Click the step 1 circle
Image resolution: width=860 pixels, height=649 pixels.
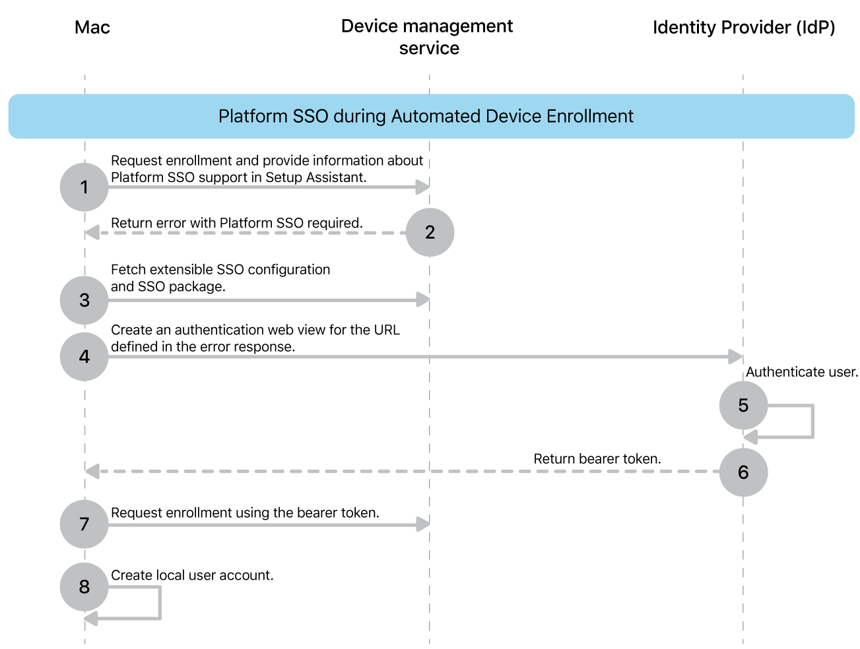click(x=84, y=187)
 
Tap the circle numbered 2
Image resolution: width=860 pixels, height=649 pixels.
click(x=430, y=232)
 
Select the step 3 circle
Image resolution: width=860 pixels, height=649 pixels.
click(x=84, y=300)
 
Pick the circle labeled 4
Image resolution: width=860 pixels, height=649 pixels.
click(x=84, y=357)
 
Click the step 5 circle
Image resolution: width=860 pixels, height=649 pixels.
click(x=743, y=405)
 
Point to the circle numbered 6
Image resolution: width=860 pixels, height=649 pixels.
click(x=743, y=472)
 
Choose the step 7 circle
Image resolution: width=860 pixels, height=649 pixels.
click(x=84, y=524)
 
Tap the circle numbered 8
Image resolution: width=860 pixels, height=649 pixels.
click(x=84, y=587)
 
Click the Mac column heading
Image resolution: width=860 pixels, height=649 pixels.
click(x=92, y=28)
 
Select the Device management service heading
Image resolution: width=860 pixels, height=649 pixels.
click(x=427, y=37)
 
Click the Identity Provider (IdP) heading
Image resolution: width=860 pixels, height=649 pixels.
click(x=744, y=28)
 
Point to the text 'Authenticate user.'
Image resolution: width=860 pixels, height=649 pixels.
click(x=801, y=372)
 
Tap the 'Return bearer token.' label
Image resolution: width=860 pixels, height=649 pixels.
click(x=597, y=459)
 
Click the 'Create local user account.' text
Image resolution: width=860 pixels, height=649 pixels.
click(x=192, y=575)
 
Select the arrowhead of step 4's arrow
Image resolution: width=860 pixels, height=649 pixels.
click(x=735, y=357)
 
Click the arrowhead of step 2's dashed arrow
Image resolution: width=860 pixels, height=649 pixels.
click(x=92, y=232)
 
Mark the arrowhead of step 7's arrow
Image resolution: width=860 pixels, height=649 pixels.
click(x=422, y=524)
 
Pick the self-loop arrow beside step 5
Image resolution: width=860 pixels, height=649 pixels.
click(x=812, y=421)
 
